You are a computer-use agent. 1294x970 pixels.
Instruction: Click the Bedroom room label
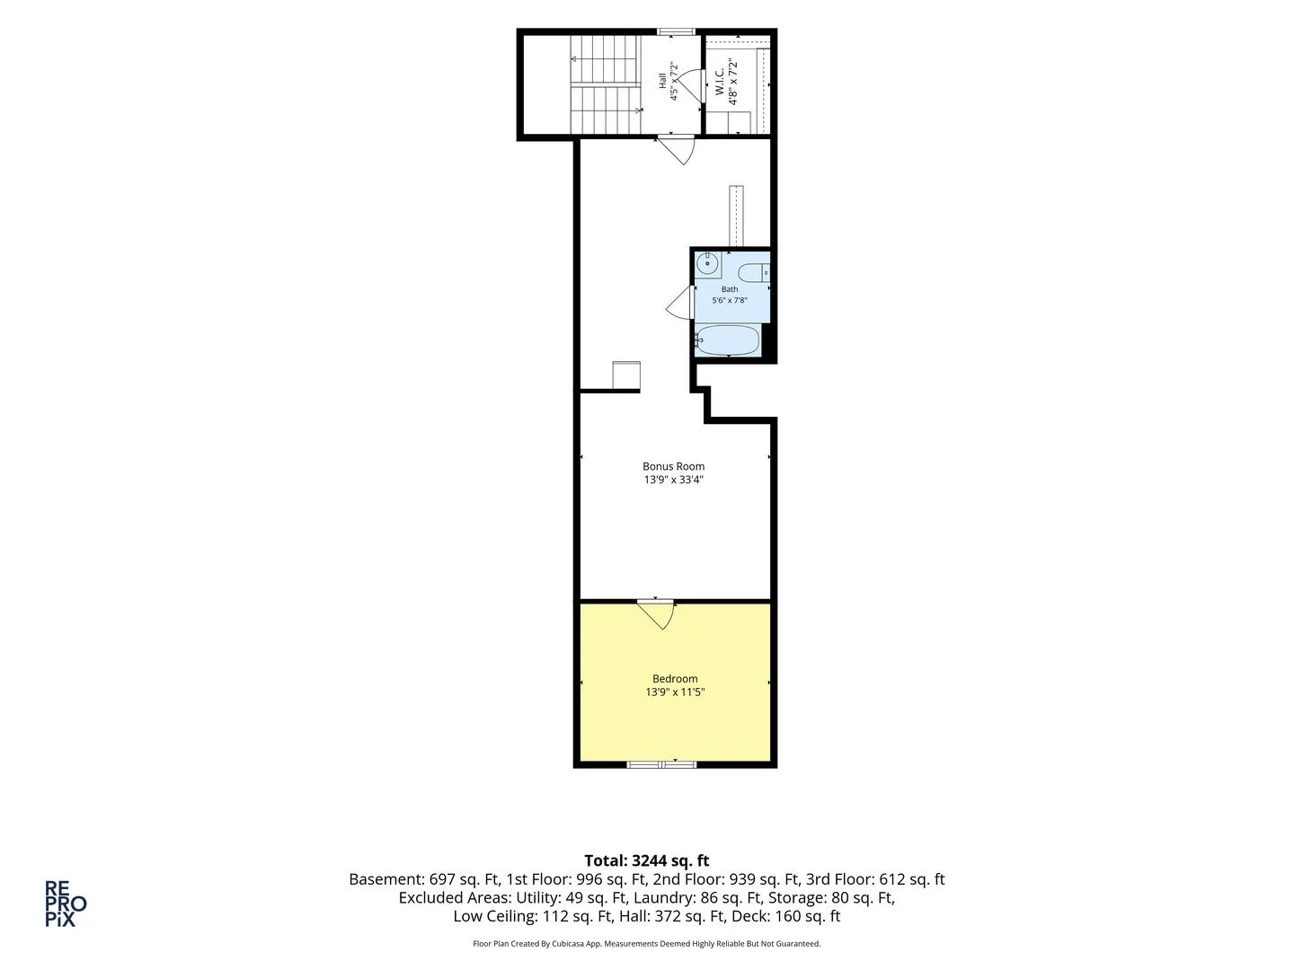click(675, 678)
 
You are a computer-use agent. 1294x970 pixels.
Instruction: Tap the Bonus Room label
click(673, 466)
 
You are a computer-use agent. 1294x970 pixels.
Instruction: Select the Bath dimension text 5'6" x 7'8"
click(730, 300)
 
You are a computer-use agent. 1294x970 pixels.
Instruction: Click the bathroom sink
click(707, 264)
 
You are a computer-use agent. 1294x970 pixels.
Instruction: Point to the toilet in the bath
click(753, 273)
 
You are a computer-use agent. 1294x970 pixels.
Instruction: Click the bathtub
click(728, 340)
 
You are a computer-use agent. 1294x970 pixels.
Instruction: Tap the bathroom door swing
click(679, 303)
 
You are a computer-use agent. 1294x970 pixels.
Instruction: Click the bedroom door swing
click(656, 614)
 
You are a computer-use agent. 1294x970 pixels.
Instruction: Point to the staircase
click(606, 84)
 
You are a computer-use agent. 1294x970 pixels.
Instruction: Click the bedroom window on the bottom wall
click(661, 764)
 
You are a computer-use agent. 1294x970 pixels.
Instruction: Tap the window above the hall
click(676, 31)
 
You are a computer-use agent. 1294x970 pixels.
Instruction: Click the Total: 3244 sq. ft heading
click(647, 860)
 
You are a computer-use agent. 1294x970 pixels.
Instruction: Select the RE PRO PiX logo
click(66, 904)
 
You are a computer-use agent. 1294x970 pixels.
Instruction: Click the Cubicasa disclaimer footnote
click(647, 943)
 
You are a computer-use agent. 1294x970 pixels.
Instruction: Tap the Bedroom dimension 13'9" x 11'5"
click(675, 692)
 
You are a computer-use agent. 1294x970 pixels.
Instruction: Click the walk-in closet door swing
click(690, 86)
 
